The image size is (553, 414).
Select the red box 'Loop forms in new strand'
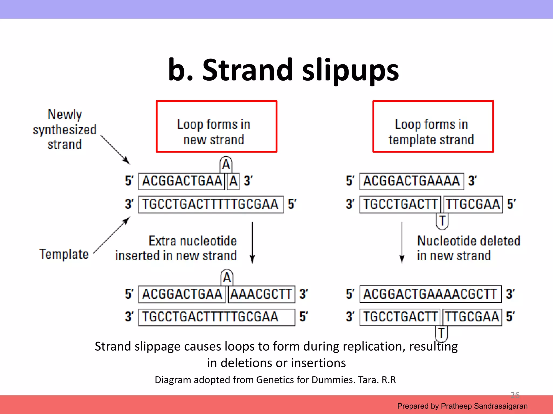coord(217,126)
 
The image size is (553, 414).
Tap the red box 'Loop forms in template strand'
coord(433,126)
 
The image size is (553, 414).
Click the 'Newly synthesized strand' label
coord(65,129)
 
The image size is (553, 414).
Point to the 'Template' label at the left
coord(64,254)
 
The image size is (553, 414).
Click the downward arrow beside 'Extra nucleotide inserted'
coord(252,243)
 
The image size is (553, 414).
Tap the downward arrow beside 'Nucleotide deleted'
coord(402,243)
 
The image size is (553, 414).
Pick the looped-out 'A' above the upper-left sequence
coord(226,164)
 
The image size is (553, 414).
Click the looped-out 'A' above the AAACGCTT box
coord(227,277)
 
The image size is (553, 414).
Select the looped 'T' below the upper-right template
coord(442,221)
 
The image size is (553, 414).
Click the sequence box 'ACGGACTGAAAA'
coord(412,181)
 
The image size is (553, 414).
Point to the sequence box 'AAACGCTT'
coord(261,294)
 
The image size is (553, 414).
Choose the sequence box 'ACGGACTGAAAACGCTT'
coord(430,294)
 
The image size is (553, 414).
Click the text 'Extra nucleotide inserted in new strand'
coord(176,248)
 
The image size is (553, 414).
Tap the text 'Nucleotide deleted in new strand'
coord(468,248)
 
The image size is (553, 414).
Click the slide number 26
coord(515,395)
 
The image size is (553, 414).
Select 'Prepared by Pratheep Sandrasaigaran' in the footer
coord(462,406)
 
